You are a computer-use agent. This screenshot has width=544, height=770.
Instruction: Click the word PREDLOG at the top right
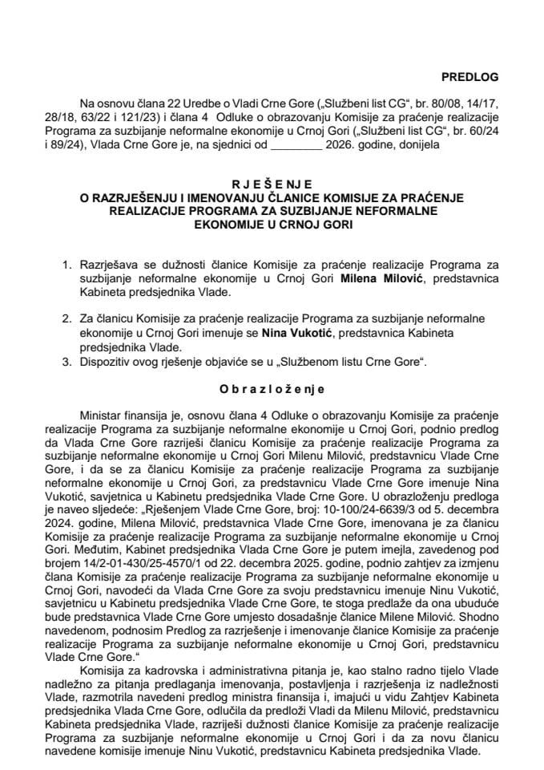(x=471, y=77)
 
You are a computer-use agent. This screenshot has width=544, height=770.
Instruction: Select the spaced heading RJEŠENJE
(x=272, y=183)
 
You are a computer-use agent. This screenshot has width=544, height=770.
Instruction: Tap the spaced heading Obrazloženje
(x=272, y=389)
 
